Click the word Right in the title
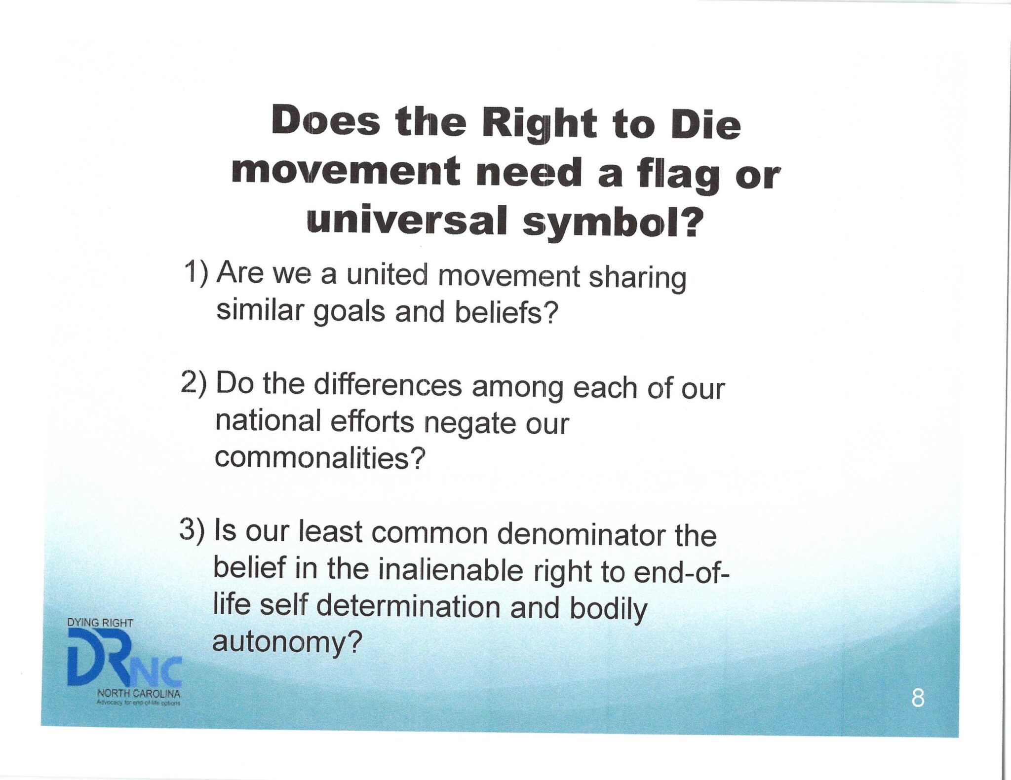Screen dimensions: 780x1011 [x=539, y=123]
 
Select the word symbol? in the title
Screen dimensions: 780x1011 [x=612, y=223]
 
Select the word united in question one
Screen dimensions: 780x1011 [x=387, y=274]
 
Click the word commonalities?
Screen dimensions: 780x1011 [x=319, y=459]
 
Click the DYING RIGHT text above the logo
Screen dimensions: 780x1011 [x=100, y=623]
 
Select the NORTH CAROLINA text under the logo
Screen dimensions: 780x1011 [x=139, y=693]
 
